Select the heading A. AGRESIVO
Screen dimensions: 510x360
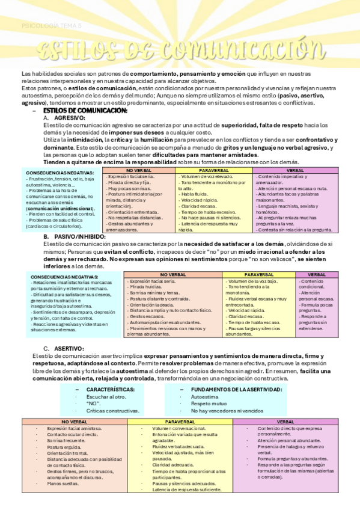point(66,118)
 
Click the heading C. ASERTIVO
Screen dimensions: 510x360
point(64,349)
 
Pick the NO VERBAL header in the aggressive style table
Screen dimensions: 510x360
point(139,170)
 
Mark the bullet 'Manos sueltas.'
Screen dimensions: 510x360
point(63,483)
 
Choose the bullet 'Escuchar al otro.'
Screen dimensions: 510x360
point(106,397)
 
